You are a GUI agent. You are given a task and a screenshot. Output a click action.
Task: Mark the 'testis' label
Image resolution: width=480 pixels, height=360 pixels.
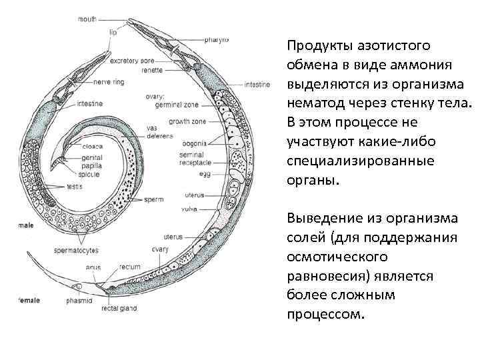[74, 187]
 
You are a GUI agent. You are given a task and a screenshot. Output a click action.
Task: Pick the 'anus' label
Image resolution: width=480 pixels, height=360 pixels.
[93, 267]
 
